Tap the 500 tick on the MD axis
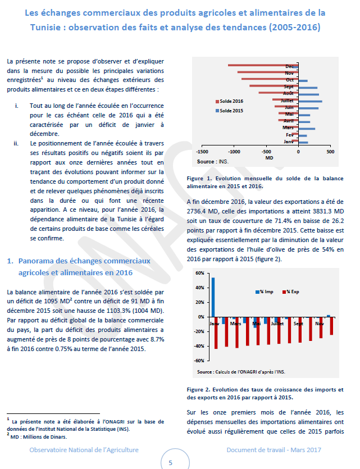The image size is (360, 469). (x=330, y=152)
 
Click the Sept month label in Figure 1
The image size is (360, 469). (x=289, y=87)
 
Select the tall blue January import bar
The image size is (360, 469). (x=212, y=297)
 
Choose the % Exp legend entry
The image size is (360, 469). (x=292, y=292)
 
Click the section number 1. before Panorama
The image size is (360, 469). (x=10, y=261)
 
